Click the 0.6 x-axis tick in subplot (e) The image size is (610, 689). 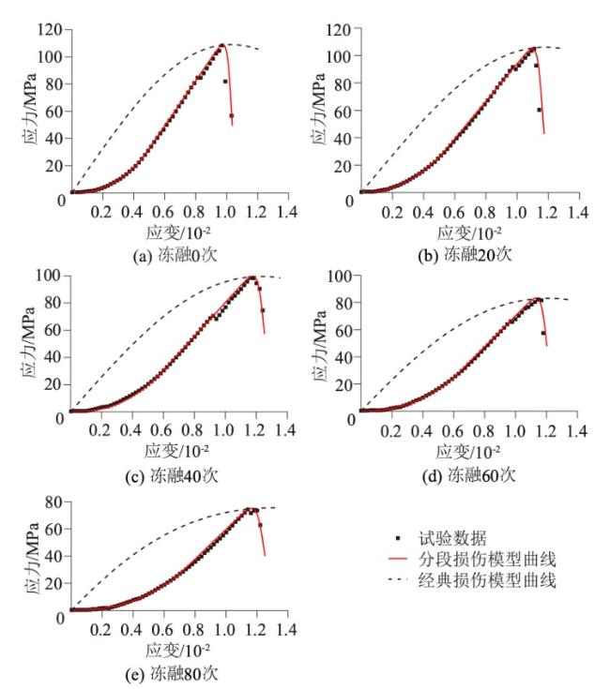(x=161, y=629)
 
